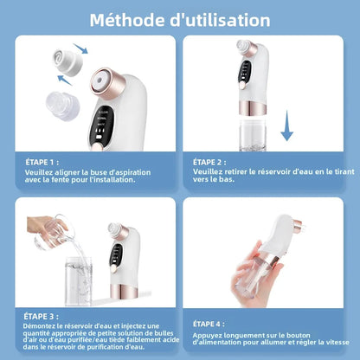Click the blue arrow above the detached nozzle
pyautogui.click(x=80, y=50)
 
